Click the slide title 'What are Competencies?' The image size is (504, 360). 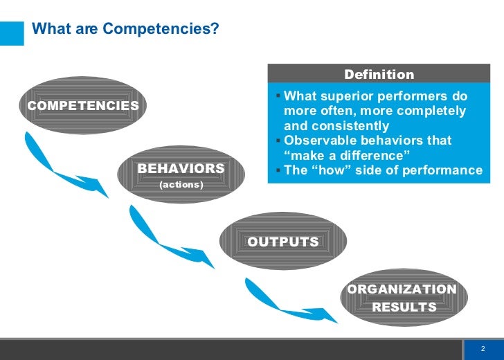[125, 29]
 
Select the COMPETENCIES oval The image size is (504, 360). [83, 105]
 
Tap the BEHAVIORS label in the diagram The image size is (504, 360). [181, 168]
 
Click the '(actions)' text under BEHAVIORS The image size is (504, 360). [181, 185]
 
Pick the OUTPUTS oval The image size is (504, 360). [283, 242]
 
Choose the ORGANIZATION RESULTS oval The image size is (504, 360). [404, 298]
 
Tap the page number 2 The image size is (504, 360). [483, 348]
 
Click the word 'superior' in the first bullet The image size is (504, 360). [347, 96]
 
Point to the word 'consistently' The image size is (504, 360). [350, 126]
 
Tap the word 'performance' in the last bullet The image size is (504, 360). [444, 170]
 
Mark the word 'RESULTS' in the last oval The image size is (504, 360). [404, 307]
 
